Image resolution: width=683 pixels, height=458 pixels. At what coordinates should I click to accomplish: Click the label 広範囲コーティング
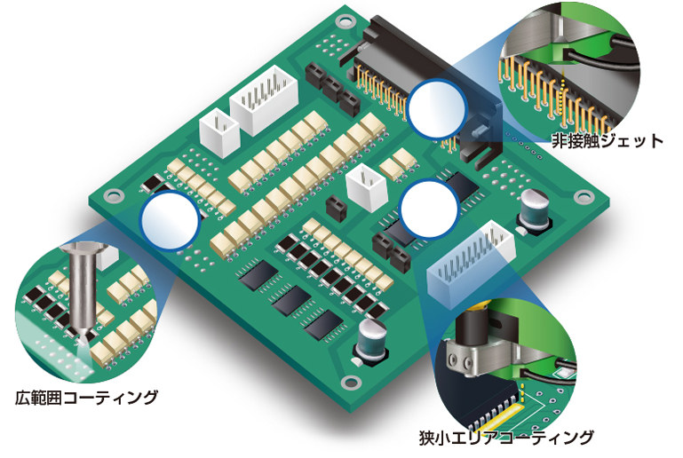point(86,398)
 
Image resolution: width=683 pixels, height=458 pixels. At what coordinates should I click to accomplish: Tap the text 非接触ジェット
point(608,141)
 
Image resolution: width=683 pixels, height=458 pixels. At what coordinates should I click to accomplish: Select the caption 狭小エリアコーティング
point(506,438)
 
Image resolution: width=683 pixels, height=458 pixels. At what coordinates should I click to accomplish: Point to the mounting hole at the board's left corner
point(114,195)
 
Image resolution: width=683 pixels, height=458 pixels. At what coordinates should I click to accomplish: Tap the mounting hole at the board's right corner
point(584,197)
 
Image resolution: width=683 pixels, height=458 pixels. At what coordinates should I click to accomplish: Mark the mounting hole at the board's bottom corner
point(350,383)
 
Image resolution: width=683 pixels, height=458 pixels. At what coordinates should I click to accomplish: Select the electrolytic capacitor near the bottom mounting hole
point(370,340)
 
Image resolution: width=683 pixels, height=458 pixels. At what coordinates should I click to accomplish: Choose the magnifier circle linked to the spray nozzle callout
point(170,221)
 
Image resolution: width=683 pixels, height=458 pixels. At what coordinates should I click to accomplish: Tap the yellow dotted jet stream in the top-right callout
point(562,99)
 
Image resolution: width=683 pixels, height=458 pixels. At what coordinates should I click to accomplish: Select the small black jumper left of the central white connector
point(336,208)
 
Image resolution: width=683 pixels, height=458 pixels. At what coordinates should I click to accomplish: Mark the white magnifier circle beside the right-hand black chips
point(430,209)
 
